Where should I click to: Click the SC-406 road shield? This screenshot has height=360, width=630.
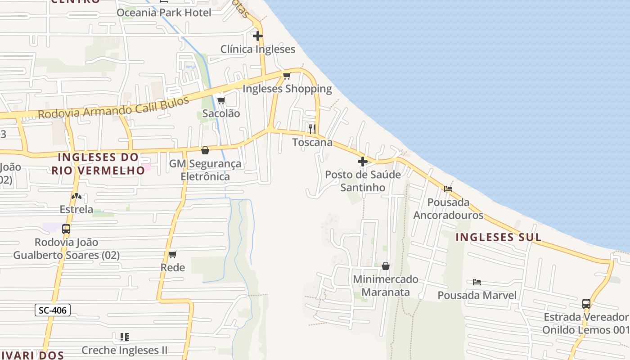53,310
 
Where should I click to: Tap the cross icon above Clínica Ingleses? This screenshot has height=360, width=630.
258,36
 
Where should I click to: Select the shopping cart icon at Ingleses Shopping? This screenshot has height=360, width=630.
287,75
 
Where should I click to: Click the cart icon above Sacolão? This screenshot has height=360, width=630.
221,100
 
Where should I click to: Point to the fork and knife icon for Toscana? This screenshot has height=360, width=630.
312,129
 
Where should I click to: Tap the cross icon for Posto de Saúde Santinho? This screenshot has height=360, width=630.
363,161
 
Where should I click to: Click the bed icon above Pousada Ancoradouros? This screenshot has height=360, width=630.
448,189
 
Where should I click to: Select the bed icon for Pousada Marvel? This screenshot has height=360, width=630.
477,282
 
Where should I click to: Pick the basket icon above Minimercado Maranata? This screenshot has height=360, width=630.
386,266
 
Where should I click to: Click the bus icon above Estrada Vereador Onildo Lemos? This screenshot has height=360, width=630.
586,303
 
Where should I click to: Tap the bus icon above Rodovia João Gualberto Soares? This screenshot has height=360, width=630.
66,229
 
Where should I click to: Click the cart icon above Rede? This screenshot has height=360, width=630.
173,255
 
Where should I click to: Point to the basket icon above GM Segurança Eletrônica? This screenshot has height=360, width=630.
205,150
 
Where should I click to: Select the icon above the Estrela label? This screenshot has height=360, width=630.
76,196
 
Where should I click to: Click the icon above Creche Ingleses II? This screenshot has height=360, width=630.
125,337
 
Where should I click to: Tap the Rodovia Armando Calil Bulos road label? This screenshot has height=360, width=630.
113,108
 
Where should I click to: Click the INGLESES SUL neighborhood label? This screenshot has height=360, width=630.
498,237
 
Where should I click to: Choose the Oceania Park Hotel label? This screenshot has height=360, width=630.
164,13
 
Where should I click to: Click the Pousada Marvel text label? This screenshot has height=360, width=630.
477,295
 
